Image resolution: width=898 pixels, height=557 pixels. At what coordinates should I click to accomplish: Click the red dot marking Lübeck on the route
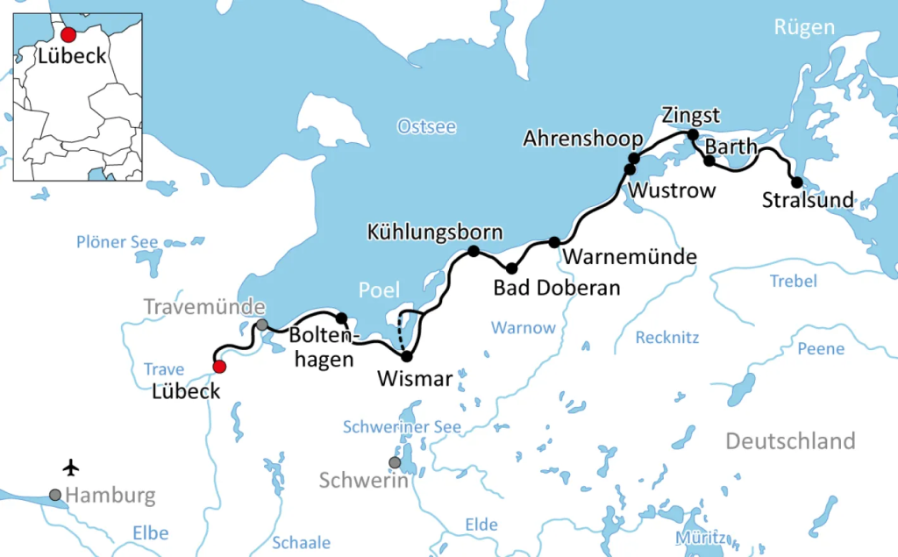[x=220, y=367]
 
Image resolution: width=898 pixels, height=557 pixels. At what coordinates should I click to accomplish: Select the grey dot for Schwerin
[x=396, y=462]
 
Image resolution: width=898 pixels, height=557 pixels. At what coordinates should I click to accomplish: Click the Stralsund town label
[x=808, y=201]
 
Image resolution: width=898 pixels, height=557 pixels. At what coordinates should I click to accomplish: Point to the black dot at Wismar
[x=406, y=356]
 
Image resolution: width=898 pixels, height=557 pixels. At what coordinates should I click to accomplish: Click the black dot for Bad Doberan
[x=511, y=268]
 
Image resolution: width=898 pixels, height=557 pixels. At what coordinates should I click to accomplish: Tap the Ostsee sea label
[x=426, y=126]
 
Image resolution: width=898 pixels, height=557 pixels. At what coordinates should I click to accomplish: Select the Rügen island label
[x=803, y=27]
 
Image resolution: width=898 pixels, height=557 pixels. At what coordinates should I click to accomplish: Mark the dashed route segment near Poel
[x=401, y=332]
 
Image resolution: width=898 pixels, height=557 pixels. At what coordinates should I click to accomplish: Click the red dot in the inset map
[x=68, y=35]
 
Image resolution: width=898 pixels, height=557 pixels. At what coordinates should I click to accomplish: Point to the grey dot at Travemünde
[x=261, y=325]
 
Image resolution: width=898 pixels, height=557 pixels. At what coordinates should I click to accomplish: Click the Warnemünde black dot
[x=554, y=242]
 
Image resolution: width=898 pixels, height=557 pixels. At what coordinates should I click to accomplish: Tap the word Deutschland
[x=789, y=440]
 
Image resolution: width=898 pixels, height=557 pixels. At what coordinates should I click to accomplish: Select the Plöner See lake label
[x=117, y=242]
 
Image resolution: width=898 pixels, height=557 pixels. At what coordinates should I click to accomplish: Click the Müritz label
[x=701, y=537]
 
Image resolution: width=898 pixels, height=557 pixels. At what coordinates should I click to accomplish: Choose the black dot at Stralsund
[x=796, y=182]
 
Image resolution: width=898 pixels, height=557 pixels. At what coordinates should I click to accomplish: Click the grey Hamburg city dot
[x=55, y=495]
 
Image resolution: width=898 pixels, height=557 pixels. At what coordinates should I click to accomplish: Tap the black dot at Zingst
[x=692, y=135]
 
